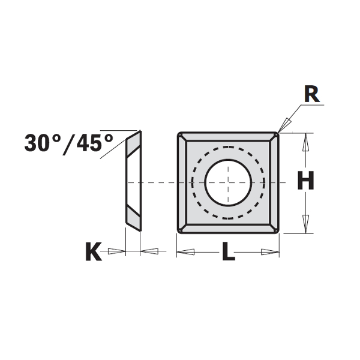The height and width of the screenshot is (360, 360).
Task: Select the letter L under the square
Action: click(x=228, y=252)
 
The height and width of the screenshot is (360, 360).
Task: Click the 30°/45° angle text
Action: click(x=69, y=142)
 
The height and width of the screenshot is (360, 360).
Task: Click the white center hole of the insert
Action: click(x=227, y=182)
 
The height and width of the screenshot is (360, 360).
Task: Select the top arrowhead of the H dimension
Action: click(x=307, y=140)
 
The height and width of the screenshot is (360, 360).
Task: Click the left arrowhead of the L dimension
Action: click(x=184, y=251)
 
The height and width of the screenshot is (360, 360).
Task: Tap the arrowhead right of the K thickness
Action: click(x=149, y=251)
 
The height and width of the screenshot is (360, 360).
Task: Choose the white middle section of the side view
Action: click(x=133, y=182)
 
